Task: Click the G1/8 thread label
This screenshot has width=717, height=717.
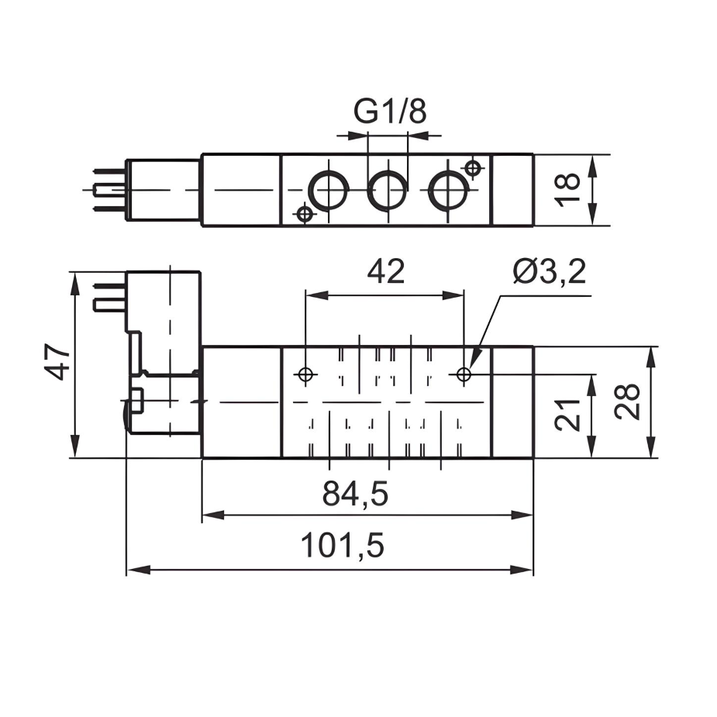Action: point(390,112)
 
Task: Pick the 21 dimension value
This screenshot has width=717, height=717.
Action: point(568,415)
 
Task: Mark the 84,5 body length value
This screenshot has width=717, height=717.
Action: point(355,494)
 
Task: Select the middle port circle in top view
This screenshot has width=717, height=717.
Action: point(387,190)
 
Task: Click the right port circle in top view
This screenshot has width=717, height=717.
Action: point(447,190)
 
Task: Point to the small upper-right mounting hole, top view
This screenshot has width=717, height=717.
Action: point(472,167)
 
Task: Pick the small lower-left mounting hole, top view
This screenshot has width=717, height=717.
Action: point(305,213)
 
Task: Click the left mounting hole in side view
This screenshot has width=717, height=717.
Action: point(306,375)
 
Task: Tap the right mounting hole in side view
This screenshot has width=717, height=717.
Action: point(464,375)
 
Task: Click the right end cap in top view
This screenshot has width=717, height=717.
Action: point(512,190)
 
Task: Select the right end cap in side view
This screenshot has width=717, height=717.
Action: point(512,402)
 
